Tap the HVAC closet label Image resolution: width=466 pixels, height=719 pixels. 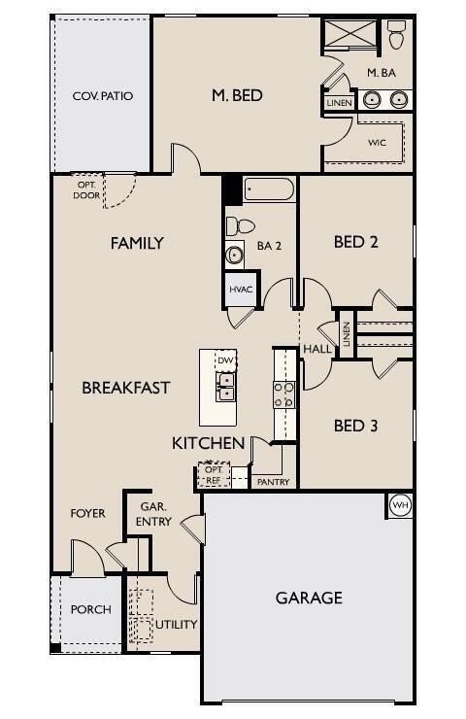pyautogui.click(x=241, y=290)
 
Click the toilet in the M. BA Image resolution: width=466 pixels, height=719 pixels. pyautogui.click(x=396, y=36)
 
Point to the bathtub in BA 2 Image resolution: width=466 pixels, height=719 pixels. pyautogui.click(x=269, y=188)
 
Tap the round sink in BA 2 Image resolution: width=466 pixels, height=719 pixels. pyautogui.click(x=235, y=256)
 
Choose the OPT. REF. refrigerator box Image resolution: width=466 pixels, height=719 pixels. pyautogui.click(x=214, y=475)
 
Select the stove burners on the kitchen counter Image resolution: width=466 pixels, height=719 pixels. pyautogui.click(x=284, y=394)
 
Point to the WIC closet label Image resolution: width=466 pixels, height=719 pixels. pyautogui.click(x=378, y=142)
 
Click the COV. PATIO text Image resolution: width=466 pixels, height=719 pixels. pyautogui.click(x=102, y=96)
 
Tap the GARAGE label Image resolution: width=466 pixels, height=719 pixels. pyautogui.click(x=309, y=598)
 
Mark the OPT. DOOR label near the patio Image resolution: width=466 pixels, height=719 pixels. pyautogui.click(x=85, y=189)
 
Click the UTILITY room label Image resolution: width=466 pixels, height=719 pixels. pyautogui.click(x=176, y=624)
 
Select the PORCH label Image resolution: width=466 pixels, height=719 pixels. pyautogui.click(x=90, y=609)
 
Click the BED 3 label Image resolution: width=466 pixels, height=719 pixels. pyautogui.click(x=355, y=426)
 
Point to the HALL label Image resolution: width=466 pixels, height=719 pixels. pyautogui.click(x=316, y=349)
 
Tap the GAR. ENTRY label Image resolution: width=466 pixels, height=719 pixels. pyautogui.click(x=155, y=514)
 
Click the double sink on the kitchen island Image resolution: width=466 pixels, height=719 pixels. pyautogui.click(x=226, y=392)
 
